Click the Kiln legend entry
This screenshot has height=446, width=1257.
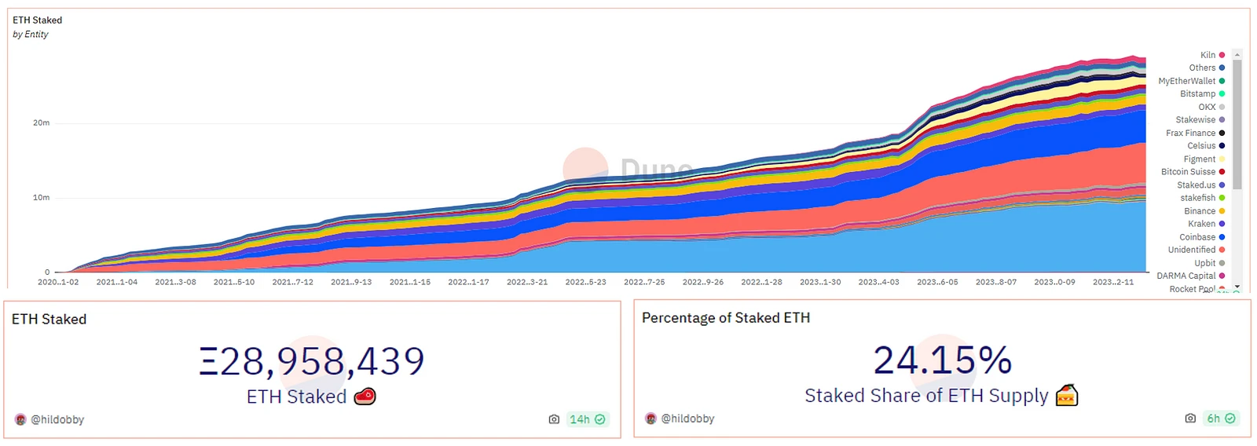(x=1208, y=55)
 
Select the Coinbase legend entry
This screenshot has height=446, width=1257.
(x=1198, y=237)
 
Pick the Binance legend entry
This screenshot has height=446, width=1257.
(x=1200, y=211)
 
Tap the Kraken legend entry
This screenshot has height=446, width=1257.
(x=1202, y=224)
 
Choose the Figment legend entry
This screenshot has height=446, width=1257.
(x=1200, y=159)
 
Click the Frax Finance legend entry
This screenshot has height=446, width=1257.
(x=1191, y=133)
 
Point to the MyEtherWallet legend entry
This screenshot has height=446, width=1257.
(x=1187, y=81)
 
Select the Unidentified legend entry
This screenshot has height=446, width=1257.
(x=1192, y=250)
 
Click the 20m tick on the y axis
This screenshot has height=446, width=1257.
(x=41, y=123)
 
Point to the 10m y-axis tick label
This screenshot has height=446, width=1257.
(x=41, y=198)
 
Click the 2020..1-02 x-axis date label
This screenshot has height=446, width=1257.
(x=58, y=282)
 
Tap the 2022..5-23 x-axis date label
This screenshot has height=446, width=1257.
(x=585, y=282)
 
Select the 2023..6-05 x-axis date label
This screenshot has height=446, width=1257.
(x=937, y=282)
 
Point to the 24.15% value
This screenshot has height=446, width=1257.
(x=942, y=360)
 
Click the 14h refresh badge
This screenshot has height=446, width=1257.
(x=587, y=419)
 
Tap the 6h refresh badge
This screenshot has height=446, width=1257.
(x=1220, y=419)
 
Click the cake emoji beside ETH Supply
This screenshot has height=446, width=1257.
(x=1066, y=395)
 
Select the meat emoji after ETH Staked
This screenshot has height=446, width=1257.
(x=365, y=397)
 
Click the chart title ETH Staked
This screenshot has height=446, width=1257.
(x=37, y=20)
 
